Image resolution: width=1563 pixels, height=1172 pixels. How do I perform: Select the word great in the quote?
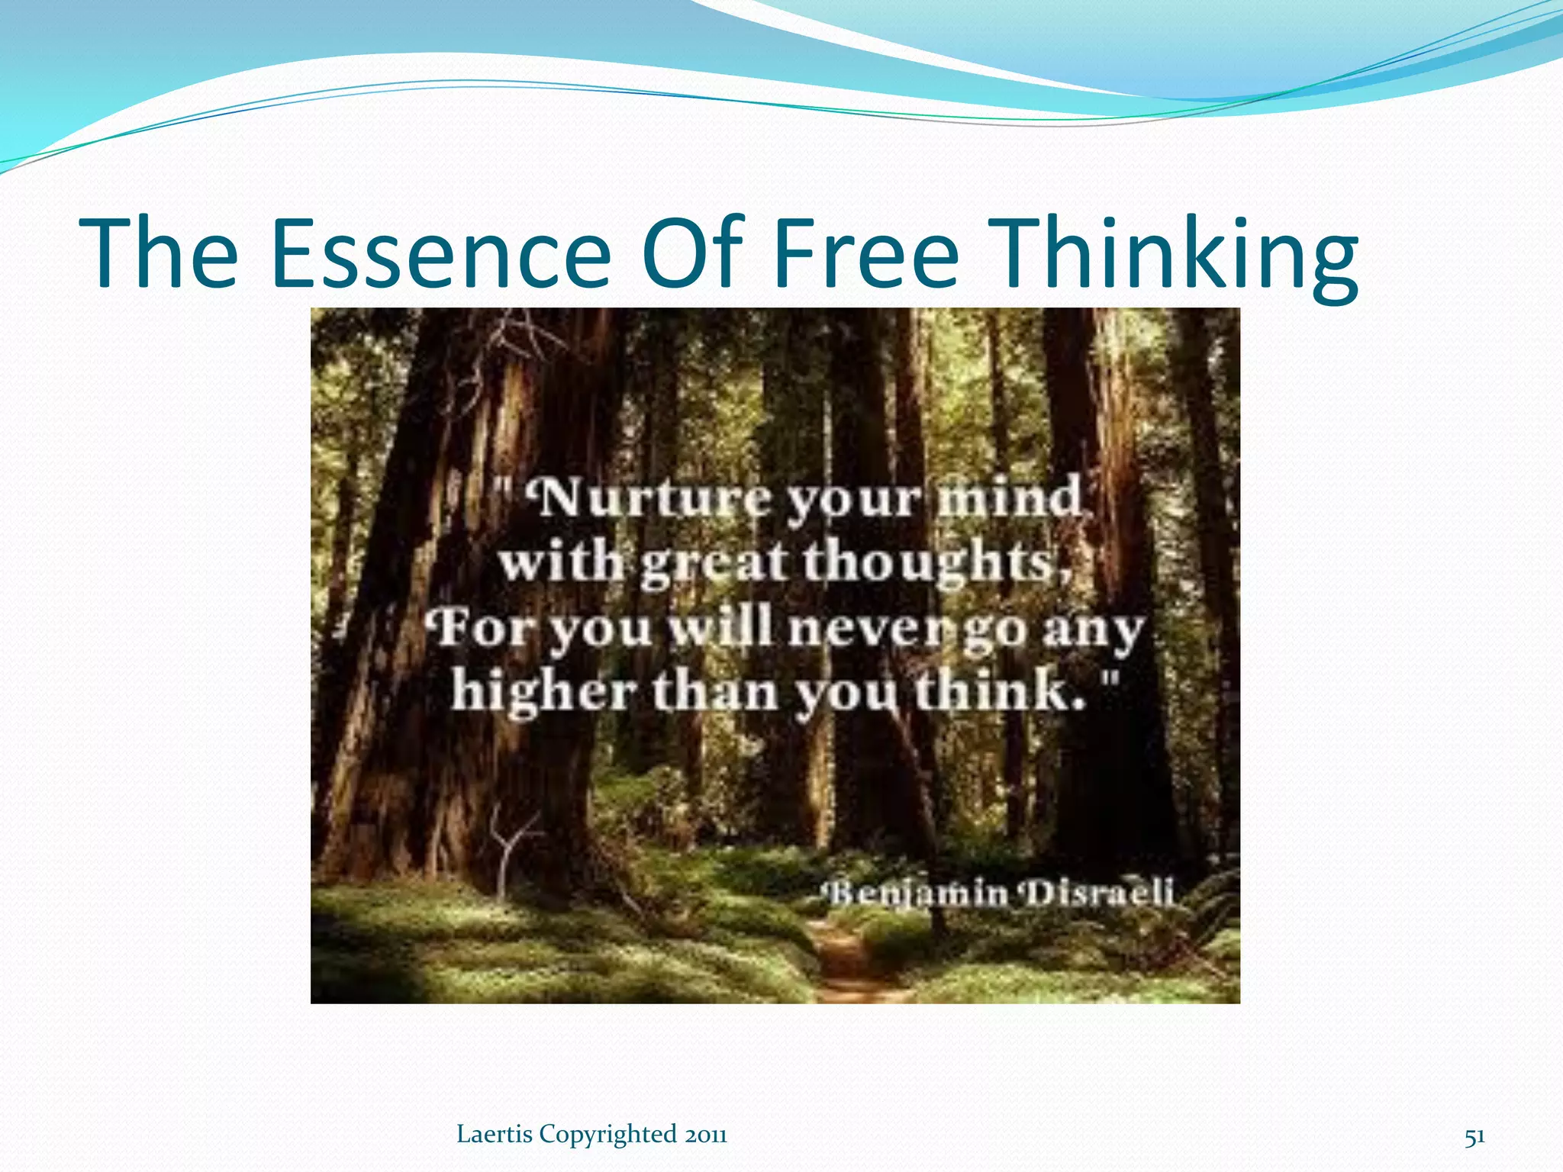(x=713, y=565)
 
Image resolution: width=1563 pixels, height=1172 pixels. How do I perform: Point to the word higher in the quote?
(x=543, y=692)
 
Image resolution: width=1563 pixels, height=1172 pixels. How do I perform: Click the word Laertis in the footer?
(x=495, y=1135)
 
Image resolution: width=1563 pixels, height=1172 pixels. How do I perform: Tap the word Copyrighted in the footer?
(x=608, y=1135)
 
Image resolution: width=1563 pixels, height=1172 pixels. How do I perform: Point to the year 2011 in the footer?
(x=705, y=1135)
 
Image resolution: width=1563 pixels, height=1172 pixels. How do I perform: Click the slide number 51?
(x=1474, y=1136)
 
